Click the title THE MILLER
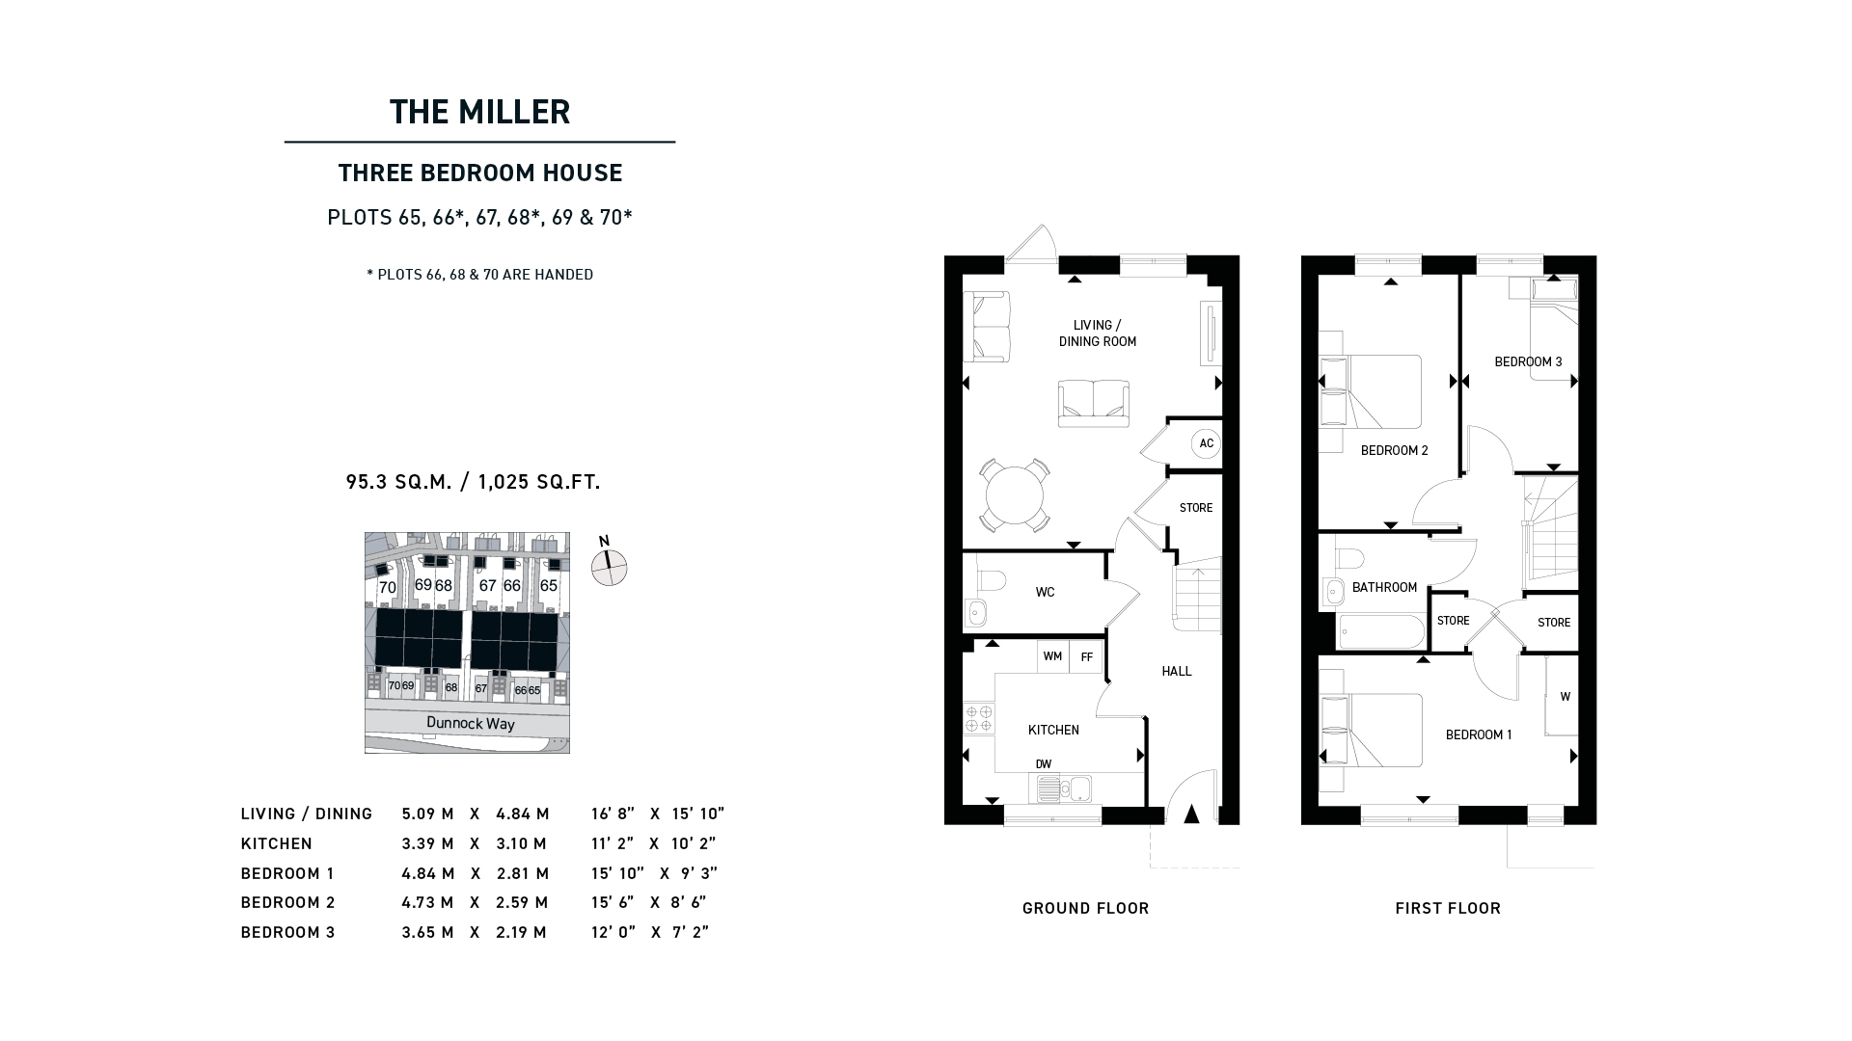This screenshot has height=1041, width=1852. (479, 112)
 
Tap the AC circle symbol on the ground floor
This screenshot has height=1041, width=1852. (1206, 443)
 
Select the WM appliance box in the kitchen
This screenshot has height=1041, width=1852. (1052, 657)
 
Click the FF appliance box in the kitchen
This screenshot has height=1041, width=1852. (1086, 657)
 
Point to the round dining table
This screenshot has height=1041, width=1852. (1015, 495)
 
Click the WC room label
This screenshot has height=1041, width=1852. (1045, 592)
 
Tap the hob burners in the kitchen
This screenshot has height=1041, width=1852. (979, 718)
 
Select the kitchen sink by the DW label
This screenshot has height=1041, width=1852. (1064, 788)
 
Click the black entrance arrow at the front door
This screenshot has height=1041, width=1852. (1191, 814)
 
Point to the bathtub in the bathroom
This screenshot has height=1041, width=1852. (1380, 632)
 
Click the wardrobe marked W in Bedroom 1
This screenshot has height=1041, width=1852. (1562, 696)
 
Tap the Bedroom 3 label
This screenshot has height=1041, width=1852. (1528, 362)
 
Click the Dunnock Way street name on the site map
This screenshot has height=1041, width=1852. (471, 724)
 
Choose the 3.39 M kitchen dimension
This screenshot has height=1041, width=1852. (427, 843)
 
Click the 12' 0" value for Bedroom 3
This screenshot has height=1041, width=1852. (613, 932)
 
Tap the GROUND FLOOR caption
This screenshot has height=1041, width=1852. (1086, 908)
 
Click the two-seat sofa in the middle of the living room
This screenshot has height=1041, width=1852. (1094, 404)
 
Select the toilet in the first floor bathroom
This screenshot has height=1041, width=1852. (1348, 558)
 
